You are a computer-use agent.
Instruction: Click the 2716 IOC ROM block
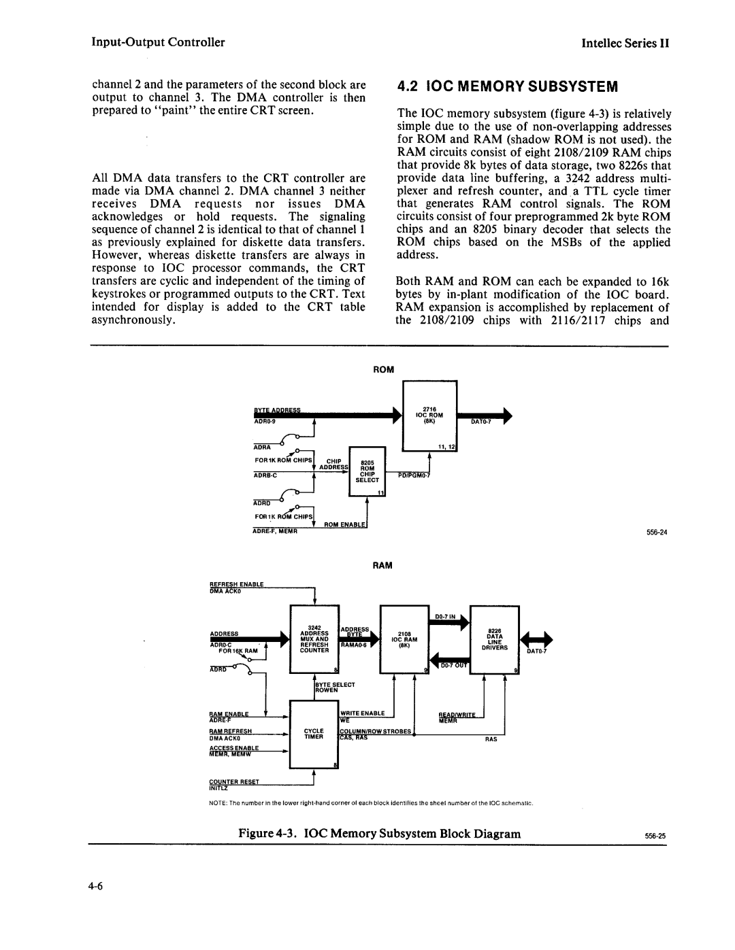click(430, 416)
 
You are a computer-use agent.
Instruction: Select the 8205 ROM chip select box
click(367, 471)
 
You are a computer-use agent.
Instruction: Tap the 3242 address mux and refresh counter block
click(314, 639)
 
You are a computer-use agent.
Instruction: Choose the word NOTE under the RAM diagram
click(218, 803)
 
